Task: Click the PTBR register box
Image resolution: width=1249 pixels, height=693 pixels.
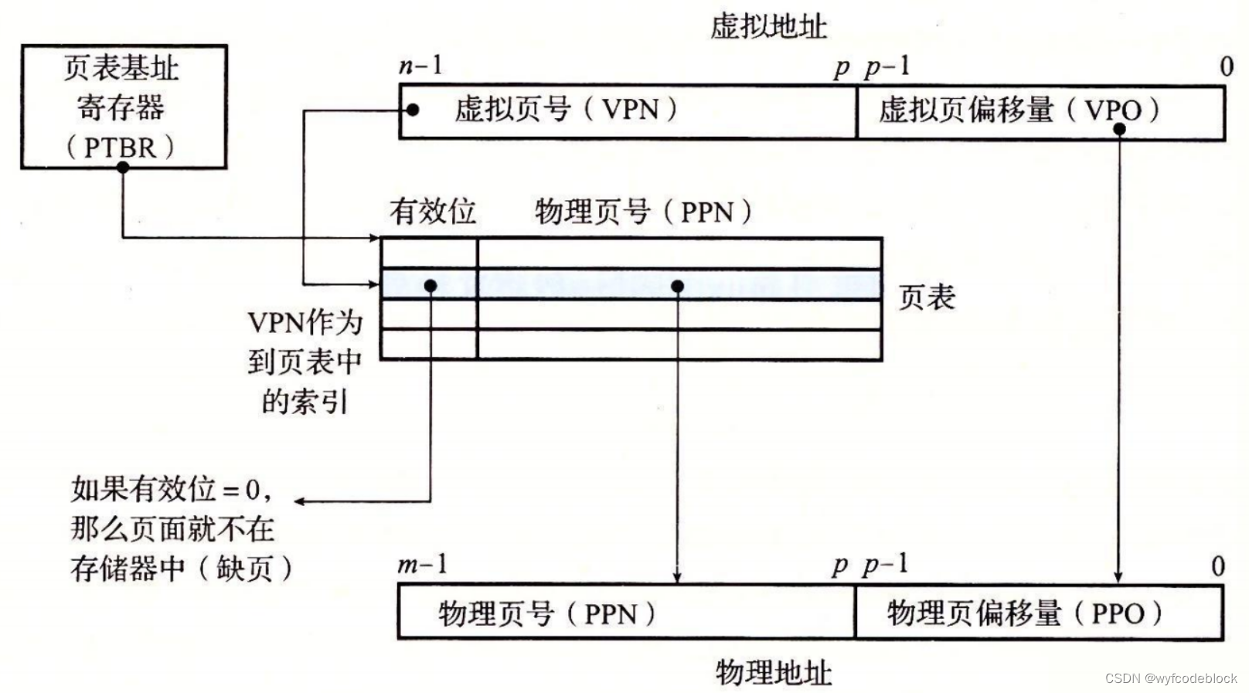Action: (x=123, y=106)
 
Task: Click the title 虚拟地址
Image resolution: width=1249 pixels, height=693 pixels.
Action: (x=768, y=27)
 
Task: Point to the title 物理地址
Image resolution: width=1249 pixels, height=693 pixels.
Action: (x=773, y=672)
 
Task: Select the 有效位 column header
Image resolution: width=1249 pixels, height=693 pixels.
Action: (x=433, y=212)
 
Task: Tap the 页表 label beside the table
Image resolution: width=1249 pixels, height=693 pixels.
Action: (x=927, y=297)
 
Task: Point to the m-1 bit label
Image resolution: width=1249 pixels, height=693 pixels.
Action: (x=422, y=565)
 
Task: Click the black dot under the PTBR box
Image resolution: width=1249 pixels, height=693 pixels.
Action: (x=123, y=167)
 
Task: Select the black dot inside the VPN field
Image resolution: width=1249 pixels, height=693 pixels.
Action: (x=413, y=110)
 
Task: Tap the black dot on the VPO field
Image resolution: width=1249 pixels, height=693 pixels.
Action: (x=1118, y=129)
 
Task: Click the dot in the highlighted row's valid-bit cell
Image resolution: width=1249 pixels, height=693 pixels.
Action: (x=431, y=286)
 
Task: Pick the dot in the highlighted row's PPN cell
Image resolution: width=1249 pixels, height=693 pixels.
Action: (x=677, y=286)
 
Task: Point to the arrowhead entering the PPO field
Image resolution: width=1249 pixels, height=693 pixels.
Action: (x=1118, y=578)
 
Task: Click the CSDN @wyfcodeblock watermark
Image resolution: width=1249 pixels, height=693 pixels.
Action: (x=1170, y=678)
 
